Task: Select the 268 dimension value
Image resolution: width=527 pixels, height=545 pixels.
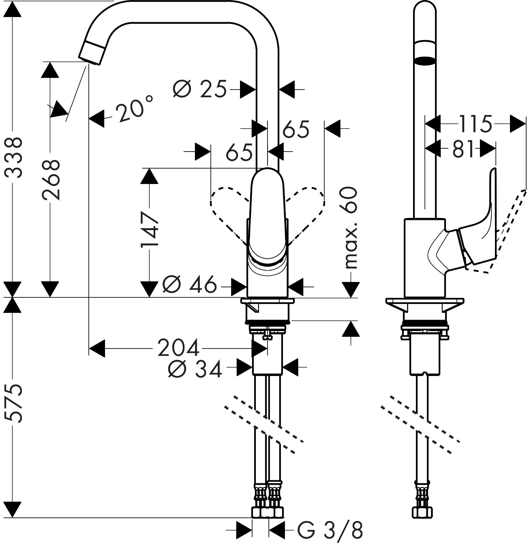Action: tap(51, 180)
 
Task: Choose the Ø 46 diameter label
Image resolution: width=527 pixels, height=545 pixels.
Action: tap(189, 285)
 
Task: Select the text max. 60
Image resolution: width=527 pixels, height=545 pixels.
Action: tap(349, 228)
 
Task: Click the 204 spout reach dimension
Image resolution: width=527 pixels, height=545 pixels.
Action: tap(178, 348)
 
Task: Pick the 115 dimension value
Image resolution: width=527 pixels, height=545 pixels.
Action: tap(475, 124)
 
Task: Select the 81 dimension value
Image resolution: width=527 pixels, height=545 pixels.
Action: tap(463, 150)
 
